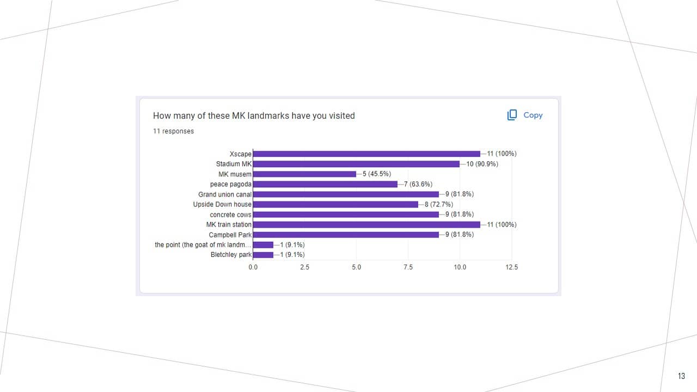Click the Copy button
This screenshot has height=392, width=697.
(525, 115)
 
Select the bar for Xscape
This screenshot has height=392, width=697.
(366, 154)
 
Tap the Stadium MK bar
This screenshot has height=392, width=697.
(356, 164)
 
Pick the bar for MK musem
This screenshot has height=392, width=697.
(304, 174)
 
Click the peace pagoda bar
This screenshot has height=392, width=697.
(325, 184)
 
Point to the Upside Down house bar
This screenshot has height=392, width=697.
(335, 204)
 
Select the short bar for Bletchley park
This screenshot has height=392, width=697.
(263, 255)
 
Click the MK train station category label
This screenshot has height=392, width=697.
(229, 224)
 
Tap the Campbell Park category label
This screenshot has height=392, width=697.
(230, 235)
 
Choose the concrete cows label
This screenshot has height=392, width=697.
(230, 215)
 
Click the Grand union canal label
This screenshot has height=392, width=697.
(224, 194)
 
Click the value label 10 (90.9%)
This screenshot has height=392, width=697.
(482, 164)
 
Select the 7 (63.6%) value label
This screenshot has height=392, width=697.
(418, 184)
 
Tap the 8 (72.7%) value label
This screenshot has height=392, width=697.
(439, 204)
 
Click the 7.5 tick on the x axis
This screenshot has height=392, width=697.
(408, 267)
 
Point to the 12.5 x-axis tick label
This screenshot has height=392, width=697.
(511, 267)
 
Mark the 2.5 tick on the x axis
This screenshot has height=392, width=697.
(304, 267)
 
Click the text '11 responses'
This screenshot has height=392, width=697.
(173, 131)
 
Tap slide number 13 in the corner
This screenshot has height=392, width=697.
(682, 376)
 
